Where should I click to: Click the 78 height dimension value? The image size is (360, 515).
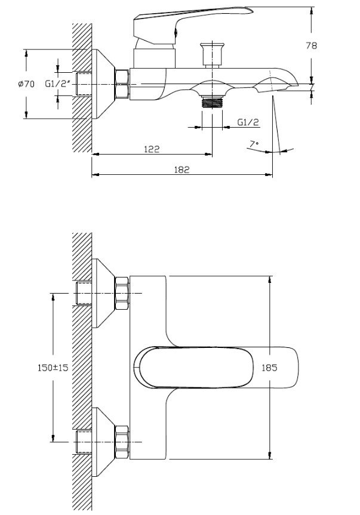(327, 45)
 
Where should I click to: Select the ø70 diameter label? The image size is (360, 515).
(26, 85)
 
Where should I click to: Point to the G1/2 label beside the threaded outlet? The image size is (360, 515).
(248, 122)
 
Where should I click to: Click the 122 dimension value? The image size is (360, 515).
(152, 149)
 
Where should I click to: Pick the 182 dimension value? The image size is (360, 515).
(182, 169)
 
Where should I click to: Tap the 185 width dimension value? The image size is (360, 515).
(270, 368)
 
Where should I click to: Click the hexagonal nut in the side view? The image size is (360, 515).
(122, 84)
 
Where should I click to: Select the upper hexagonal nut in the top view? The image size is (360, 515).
(122, 293)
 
